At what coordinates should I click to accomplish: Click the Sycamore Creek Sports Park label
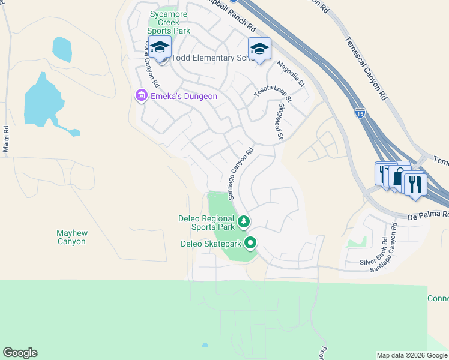(x=169, y=22)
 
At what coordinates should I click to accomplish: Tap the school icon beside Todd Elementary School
(x=160, y=47)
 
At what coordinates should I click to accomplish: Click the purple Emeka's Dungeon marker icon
(x=141, y=95)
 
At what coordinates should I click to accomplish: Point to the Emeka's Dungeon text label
(x=179, y=96)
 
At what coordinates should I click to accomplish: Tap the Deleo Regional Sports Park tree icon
(x=244, y=223)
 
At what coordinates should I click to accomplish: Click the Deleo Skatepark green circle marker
(x=250, y=244)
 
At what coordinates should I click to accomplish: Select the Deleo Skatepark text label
(x=211, y=244)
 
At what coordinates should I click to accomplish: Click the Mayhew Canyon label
(x=71, y=237)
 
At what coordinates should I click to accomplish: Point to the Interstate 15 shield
(x=359, y=112)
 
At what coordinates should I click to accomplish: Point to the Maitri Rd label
(x=7, y=139)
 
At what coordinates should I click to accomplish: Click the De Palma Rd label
(x=428, y=215)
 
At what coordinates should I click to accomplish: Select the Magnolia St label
(x=291, y=73)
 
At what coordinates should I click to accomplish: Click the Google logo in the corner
(x=20, y=353)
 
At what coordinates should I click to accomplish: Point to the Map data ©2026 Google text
(x=412, y=355)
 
